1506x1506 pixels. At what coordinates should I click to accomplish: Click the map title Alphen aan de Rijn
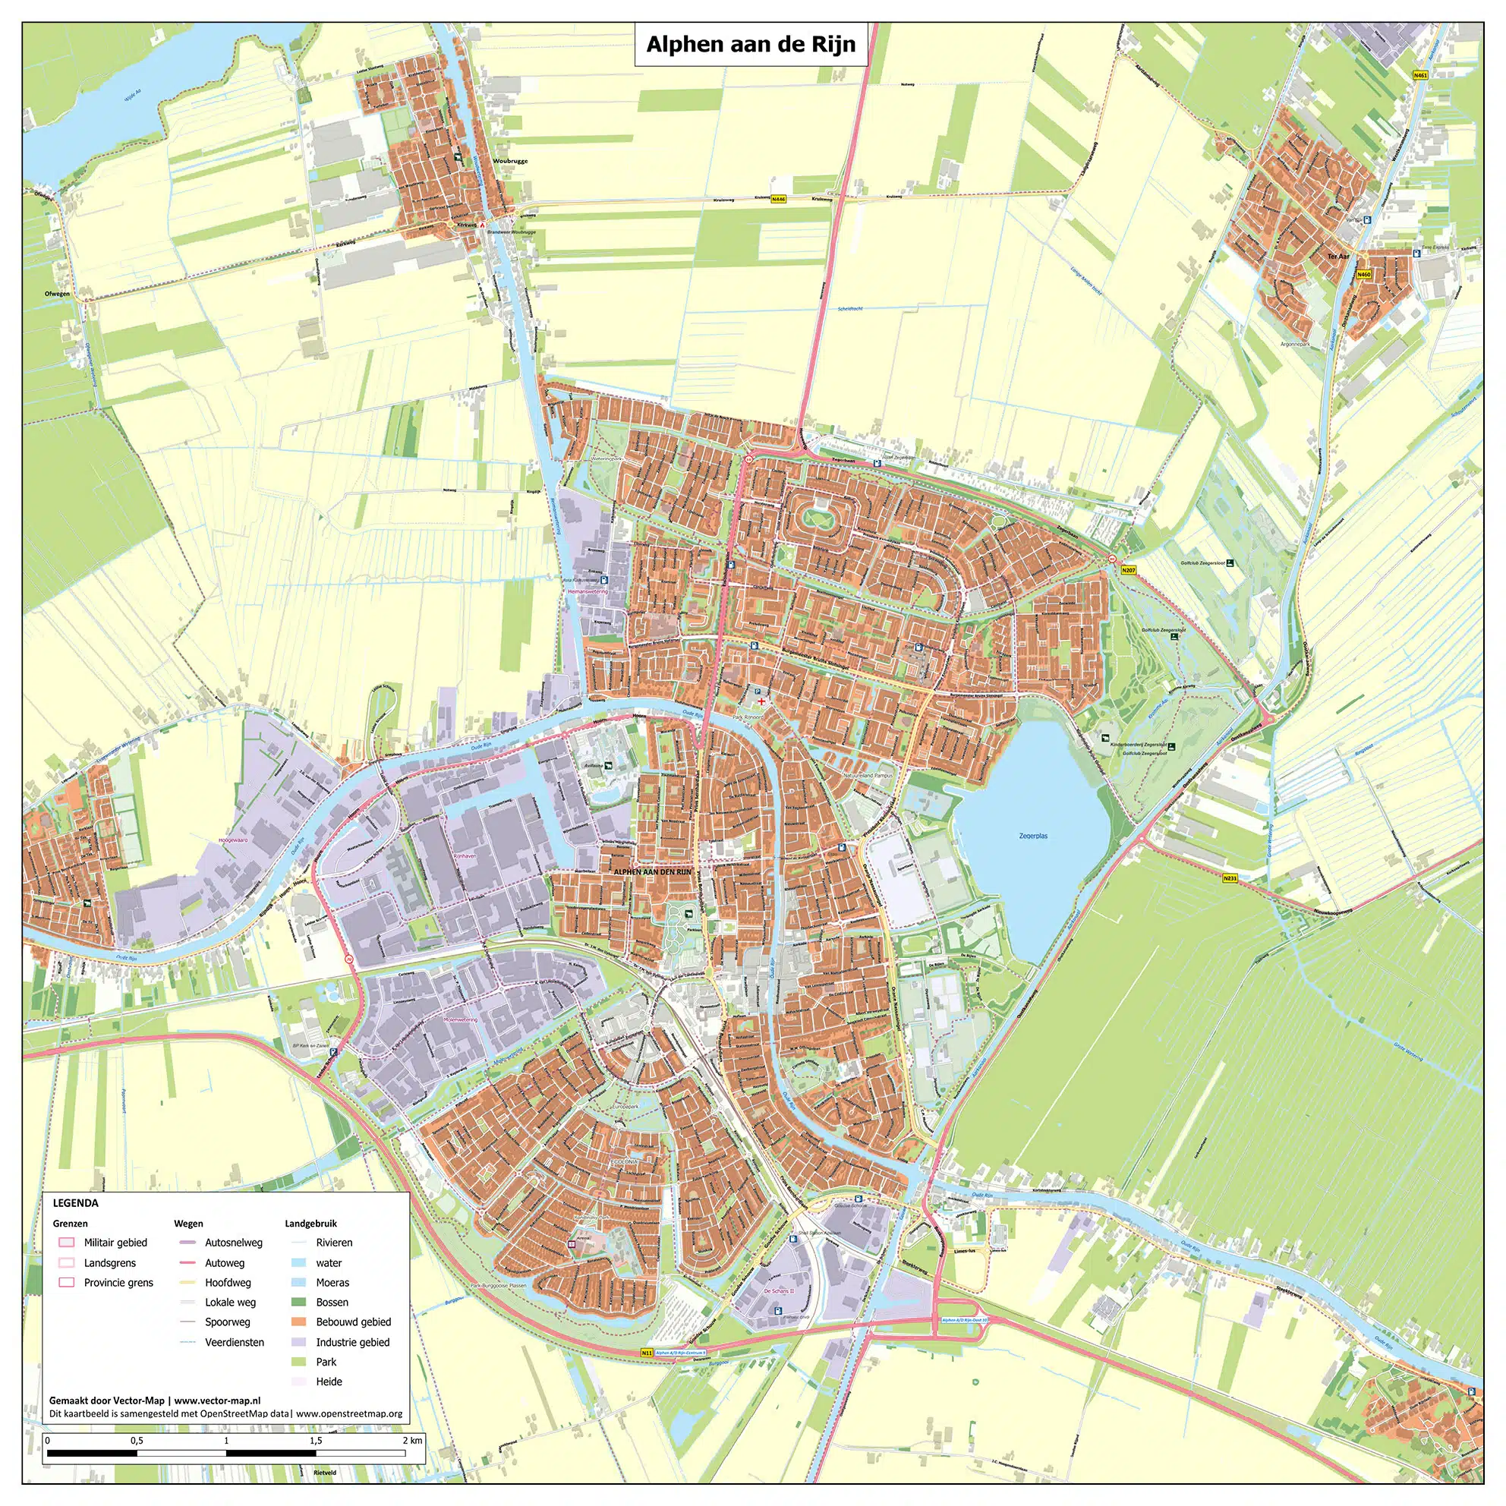coord(751,45)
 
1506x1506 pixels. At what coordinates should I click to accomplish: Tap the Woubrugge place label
coord(510,161)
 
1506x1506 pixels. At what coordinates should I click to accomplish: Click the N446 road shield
coord(778,200)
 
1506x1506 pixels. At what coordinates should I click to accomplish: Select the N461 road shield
coord(1420,76)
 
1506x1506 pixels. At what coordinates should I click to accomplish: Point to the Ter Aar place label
coord(1337,256)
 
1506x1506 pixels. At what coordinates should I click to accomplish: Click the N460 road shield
coord(1363,274)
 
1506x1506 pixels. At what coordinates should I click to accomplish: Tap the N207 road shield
coord(1129,571)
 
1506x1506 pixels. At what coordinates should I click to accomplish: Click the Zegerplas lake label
coord(1033,836)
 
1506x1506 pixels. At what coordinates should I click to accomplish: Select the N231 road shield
coord(1230,878)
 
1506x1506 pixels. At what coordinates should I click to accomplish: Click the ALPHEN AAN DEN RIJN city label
coord(653,871)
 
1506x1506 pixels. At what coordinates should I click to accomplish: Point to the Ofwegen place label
coord(58,294)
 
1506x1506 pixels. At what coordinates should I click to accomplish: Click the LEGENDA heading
coord(76,1203)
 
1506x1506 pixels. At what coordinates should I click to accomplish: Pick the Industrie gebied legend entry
coord(352,1342)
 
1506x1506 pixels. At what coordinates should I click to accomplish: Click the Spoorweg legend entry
coord(228,1322)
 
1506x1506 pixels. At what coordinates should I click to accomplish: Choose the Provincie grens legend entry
coord(118,1282)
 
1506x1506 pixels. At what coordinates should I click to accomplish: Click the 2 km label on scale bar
coord(412,1441)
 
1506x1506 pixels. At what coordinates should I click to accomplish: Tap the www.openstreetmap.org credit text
coord(348,1413)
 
